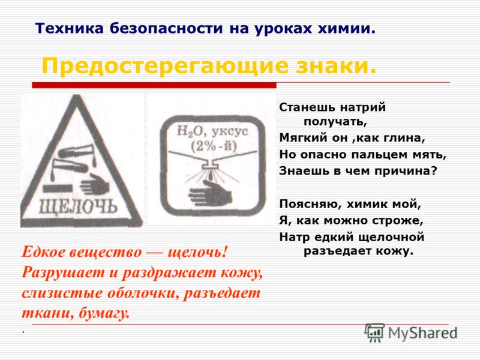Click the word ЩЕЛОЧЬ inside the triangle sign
point(78,206)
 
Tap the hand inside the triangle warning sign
point(95,184)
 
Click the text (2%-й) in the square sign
point(214,146)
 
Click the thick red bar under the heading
point(154,85)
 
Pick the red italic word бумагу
point(104,313)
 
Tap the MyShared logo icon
point(374,332)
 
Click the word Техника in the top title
point(70,28)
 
